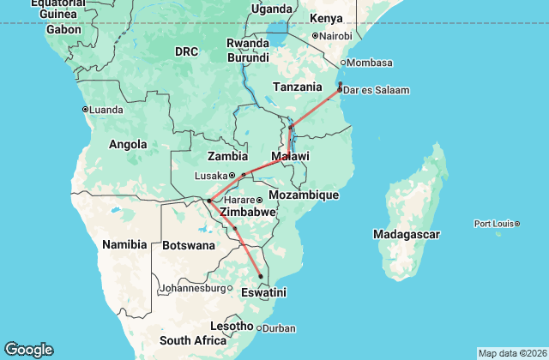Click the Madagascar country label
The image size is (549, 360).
coord(407,234)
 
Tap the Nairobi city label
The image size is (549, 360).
coord(335,36)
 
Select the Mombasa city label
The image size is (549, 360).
coord(371,63)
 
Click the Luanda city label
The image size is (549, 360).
coord(106,110)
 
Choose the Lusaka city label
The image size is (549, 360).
coord(210,175)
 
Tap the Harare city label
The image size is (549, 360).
coord(239,200)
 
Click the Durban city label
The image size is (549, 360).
coord(279,327)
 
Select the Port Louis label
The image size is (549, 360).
coord(493,224)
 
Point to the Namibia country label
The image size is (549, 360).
coord(124,245)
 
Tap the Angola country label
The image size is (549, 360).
coord(128,145)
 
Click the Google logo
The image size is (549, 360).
coord(28,349)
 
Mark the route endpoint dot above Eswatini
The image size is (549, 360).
coord(261,276)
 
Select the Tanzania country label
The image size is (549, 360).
coord(298,87)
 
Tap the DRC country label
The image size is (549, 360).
coord(186,51)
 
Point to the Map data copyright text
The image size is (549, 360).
coord(512,353)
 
